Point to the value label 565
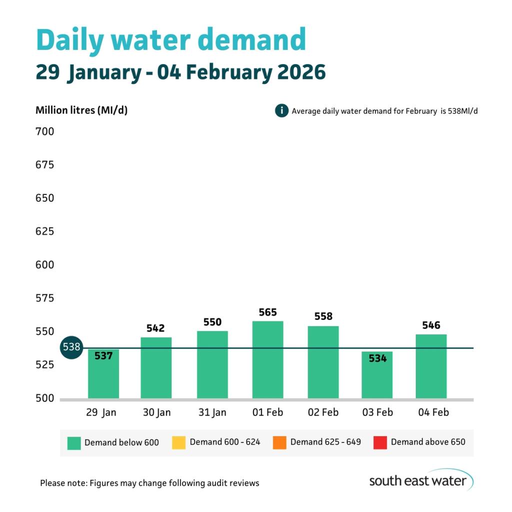pos(267,312)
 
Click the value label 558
pos(323,316)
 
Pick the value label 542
pos(155,328)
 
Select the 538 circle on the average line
pos(71,347)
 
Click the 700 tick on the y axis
pos(44,132)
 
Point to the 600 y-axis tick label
pos(44,265)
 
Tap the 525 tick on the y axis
pos(44,365)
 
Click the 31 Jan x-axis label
pos(212,412)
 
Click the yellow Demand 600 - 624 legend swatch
pos(178,442)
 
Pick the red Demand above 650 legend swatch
pos(380,442)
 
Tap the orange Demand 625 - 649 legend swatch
pos(279,442)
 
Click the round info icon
pos(281,110)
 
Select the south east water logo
pos(420,480)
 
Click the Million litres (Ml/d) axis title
pos(81,110)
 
